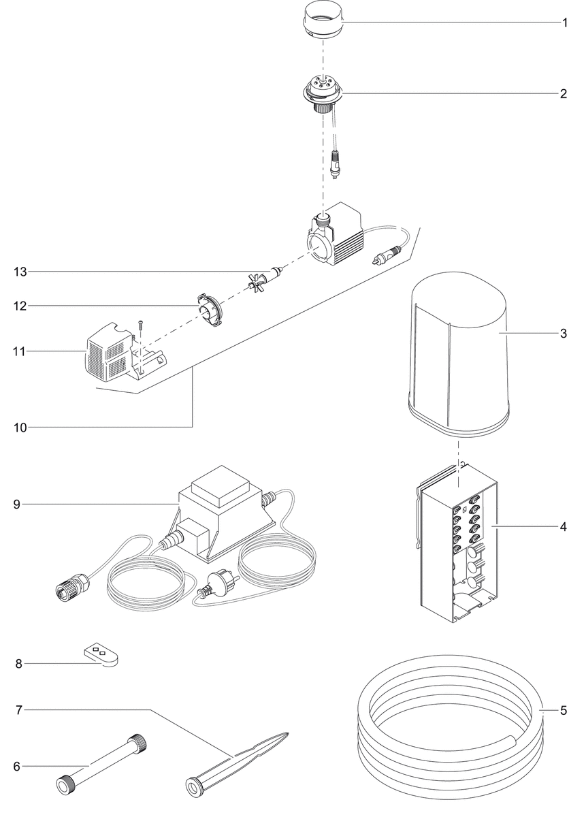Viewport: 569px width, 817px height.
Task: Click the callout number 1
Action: pyautogui.click(x=564, y=22)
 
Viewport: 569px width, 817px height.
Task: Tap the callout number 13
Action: pyautogui.click(x=20, y=272)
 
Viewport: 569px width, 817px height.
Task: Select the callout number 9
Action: pyautogui.click(x=17, y=504)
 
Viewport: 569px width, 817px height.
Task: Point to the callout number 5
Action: pyautogui.click(x=564, y=711)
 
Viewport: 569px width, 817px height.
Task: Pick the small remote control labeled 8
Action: pyautogui.click(x=102, y=656)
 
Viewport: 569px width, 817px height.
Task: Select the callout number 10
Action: pyautogui.click(x=20, y=428)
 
